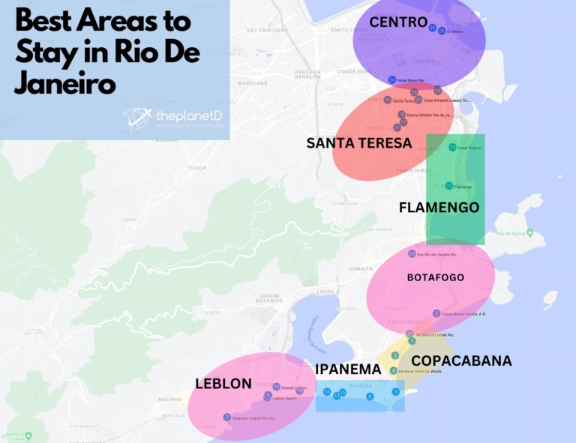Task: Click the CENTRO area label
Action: [x=398, y=22]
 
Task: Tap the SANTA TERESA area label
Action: [x=359, y=142]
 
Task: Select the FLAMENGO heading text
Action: [x=439, y=208]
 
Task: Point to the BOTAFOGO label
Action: [x=435, y=277]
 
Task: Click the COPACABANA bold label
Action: [x=461, y=361]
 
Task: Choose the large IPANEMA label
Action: [x=348, y=369]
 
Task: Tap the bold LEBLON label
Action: [x=223, y=384]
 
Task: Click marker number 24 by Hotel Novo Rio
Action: [x=392, y=80]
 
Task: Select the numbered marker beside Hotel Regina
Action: [x=452, y=148]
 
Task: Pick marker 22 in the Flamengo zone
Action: [x=448, y=186]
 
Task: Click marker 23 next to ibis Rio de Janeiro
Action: [x=412, y=254]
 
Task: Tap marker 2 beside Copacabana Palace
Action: [x=436, y=313]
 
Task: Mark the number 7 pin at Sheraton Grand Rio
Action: [x=227, y=418]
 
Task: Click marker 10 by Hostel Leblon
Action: [x=277, y=387]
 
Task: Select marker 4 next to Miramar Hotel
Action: [x=394, y=370]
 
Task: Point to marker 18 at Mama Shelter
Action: [x=402, y=115]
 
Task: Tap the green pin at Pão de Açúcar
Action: [x=523, y=233]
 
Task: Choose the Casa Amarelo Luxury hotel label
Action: [x=447, y=100]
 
